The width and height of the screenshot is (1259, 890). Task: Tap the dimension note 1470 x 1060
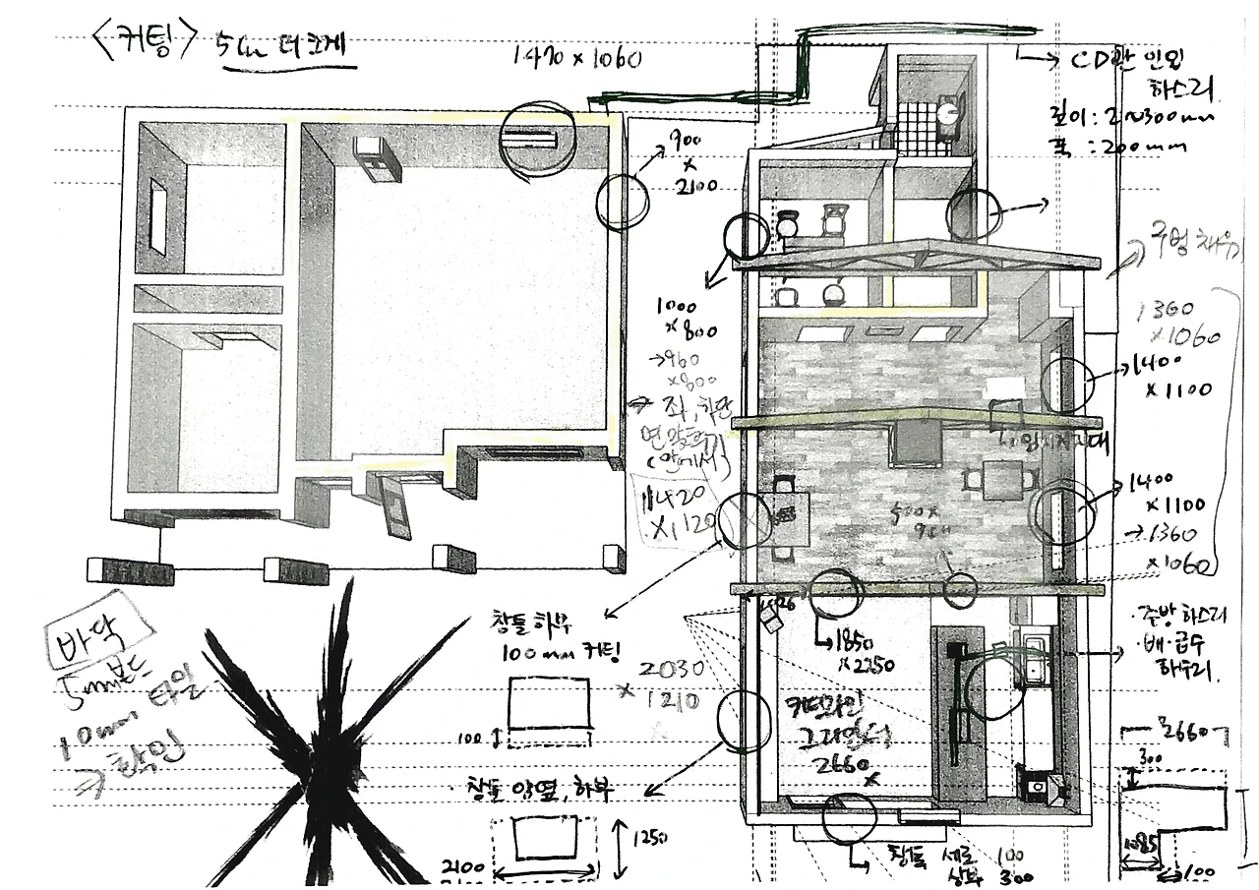coord(577,58)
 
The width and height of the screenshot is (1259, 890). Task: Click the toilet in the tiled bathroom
coord(946,114)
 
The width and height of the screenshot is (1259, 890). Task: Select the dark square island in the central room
coord(917,443)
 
